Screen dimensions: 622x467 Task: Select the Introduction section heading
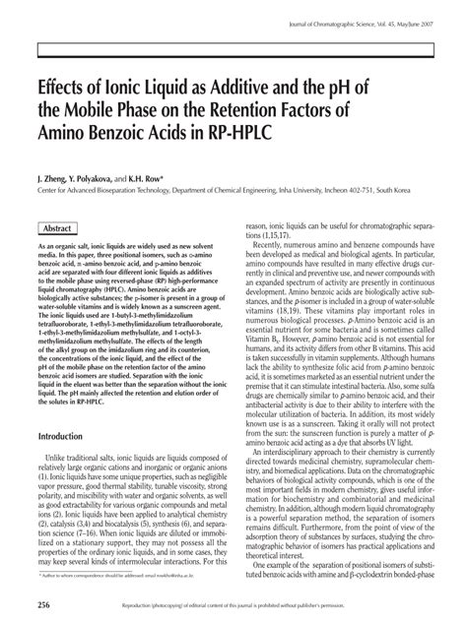[x=66, y=434]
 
